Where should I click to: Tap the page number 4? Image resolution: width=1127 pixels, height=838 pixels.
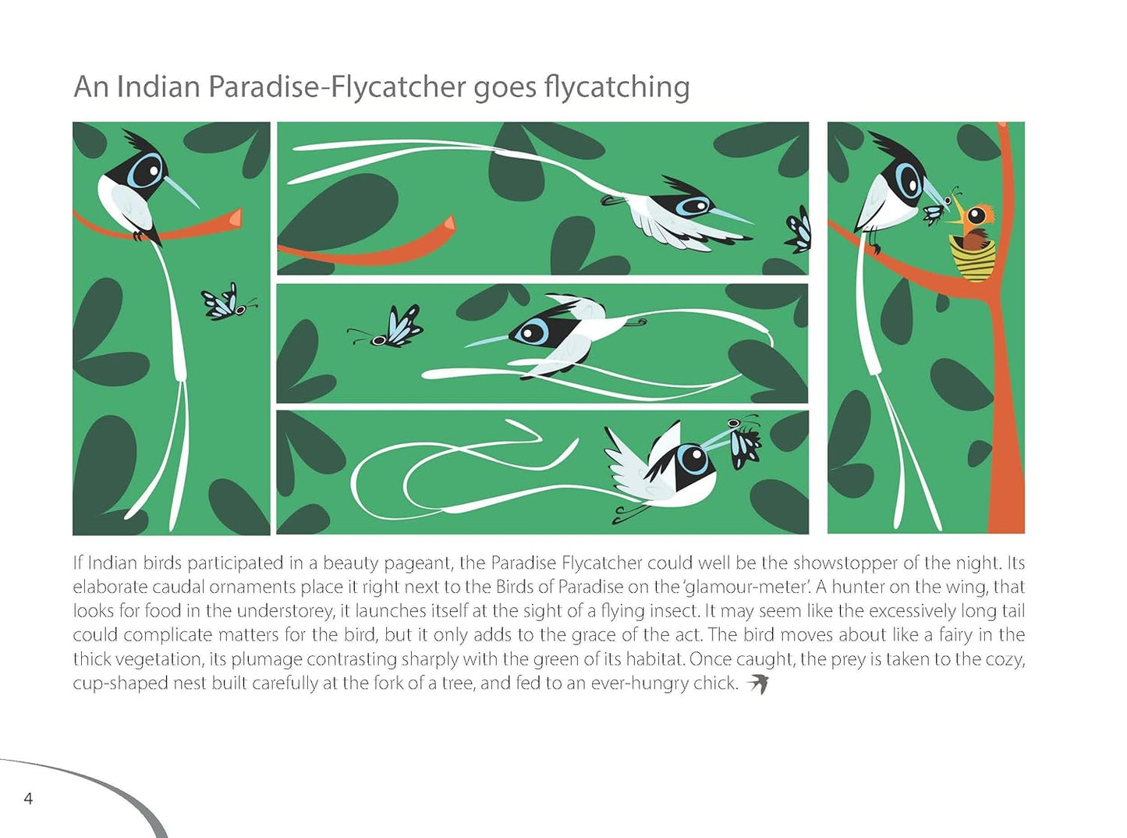(28, 799)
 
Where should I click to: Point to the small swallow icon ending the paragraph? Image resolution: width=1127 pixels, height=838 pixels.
(757, 684)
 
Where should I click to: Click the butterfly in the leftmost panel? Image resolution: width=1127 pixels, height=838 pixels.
(227, 303)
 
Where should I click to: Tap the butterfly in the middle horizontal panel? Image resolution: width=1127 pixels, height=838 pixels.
(387, 328)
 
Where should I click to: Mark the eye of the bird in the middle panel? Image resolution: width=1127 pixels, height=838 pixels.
(531, 333)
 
